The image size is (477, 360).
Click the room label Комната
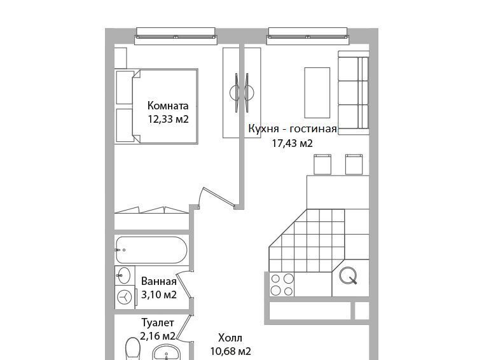click(x=168, y=106)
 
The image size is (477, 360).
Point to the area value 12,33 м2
click(x=169, y=119)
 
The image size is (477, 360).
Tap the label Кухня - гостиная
click(x=293, y=128)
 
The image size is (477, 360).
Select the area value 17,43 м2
click(x=292, y=143)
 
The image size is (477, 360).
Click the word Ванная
click(x=159, y=282)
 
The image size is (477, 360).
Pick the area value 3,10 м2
click(x=159, y=294)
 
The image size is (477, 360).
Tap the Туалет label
click(x=158, y=322)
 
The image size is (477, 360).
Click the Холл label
click(x=230, y=338)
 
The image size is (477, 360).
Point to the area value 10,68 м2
click(x=231, y=352)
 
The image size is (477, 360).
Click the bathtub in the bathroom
click(x=151, y=250)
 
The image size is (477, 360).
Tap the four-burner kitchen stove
click(x=282, y=284)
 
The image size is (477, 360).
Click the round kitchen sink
click(x=348, y=275)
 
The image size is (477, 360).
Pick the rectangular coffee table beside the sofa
click(x=317, y=93)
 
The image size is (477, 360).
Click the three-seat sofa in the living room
click(x=354, y=92)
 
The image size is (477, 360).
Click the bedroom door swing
click(x=217, y=198)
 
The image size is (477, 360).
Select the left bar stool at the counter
click(x=322, y=164)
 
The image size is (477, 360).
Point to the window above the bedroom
click(x=176, y=36)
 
